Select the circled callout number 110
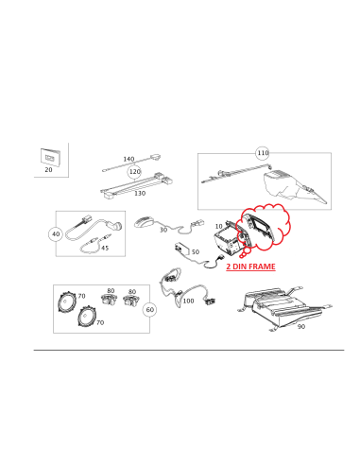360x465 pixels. (262, 152)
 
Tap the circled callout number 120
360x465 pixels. (134, 172)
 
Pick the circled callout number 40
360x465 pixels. (56, 233)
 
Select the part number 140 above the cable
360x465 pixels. (129, 159)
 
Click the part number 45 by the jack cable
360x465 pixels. (104, 249)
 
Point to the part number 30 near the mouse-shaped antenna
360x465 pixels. (163, 230)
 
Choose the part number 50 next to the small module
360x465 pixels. (195, 251)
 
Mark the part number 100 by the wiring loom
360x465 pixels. (187, 301)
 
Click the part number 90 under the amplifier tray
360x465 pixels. (300, 328)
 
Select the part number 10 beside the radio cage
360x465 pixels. (218, 227)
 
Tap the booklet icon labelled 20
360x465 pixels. (48, 157)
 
